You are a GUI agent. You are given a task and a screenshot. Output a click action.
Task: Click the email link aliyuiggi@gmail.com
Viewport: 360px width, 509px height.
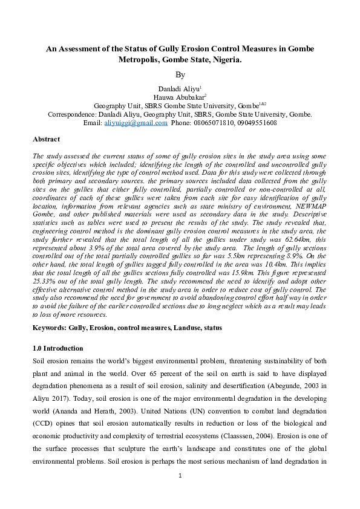pos(136,123)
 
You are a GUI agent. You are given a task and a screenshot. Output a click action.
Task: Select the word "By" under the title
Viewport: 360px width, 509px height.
pos(180,75)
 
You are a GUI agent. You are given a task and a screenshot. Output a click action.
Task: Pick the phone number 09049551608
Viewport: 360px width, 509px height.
pos(258,123)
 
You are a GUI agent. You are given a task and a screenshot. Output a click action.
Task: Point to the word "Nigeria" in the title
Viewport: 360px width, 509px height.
pos(227,60)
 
